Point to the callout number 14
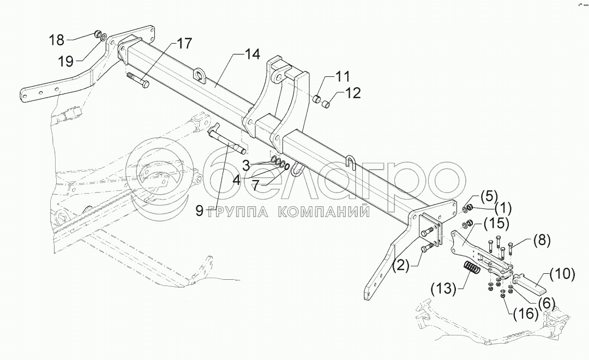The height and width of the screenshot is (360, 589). [252, 54]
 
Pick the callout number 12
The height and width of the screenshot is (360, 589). [353, 93]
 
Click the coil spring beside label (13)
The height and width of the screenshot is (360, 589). [472, 270]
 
